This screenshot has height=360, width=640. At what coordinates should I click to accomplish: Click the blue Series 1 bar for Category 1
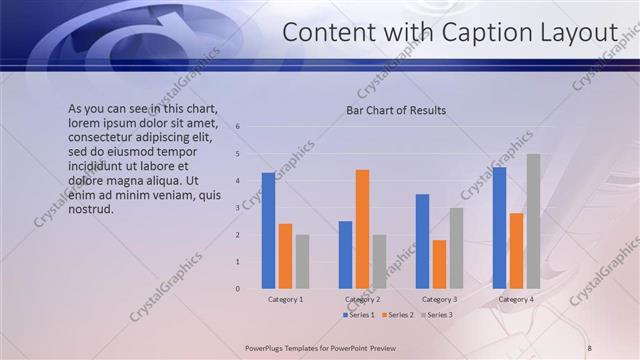[x=268, y=231]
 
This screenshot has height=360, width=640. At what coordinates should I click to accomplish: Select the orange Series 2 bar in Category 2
[x=362, y=229]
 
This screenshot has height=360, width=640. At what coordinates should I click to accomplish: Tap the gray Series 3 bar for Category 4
[x=533, y=221]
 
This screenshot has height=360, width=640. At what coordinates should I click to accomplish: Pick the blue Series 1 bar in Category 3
[x=422, y=241]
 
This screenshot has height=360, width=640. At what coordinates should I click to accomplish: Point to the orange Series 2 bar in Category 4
[x=516, y=251]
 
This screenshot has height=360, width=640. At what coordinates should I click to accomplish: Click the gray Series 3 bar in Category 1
[x=302, y=262]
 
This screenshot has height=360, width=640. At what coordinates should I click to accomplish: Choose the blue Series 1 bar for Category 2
[x=345, y=255]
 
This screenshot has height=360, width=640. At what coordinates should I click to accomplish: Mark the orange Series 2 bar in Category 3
[x=439, y=264]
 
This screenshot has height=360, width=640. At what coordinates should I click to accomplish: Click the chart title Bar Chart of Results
[x=396, y=110]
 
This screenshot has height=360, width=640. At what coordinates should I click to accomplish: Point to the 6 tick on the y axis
[x=238, y=127]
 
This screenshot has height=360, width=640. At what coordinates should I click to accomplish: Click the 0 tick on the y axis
[x=238, y=289]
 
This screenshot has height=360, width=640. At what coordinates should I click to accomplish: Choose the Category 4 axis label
[x=516, y=299]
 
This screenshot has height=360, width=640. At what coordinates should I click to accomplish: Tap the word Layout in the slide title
[x=581, y=33]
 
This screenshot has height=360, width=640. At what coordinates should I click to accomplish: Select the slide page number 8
[x=589, y=347]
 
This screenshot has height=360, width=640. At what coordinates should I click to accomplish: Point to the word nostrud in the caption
[x=90, y=209]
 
